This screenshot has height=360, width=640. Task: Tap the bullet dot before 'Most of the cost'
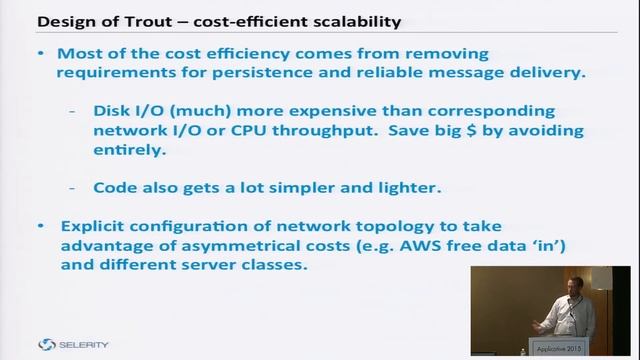pos(40,52)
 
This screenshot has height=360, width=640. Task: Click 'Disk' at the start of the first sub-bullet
pos(113,111)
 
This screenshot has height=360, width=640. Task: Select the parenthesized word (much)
pos(207,111)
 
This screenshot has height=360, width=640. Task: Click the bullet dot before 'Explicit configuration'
pos(40,227)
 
